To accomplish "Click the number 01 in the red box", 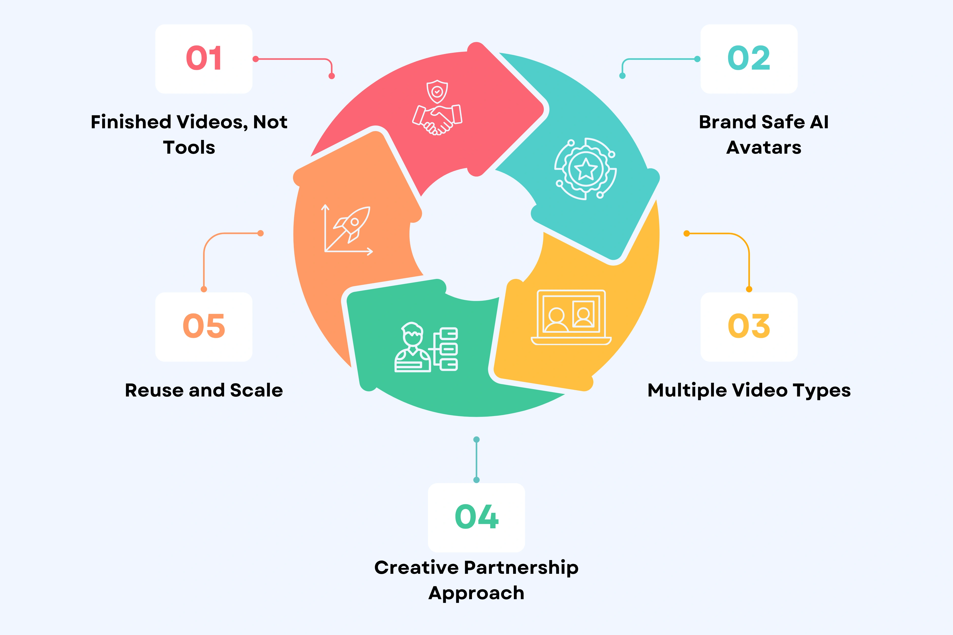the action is [204, 58].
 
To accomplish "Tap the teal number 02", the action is [749, 58].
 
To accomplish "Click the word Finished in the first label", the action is [131, 122].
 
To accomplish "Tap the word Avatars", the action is [764, 147].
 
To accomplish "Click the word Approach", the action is [476, 594].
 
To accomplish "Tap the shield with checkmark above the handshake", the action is [437, 91].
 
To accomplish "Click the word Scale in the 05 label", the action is [256, 390].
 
